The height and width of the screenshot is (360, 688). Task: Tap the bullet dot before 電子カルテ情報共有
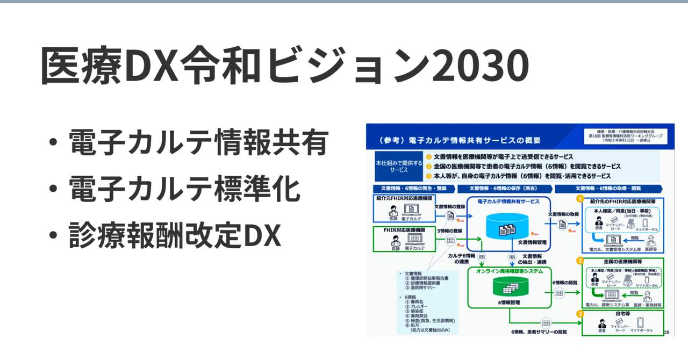(53, 143)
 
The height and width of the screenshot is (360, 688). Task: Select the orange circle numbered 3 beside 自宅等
(580, 314)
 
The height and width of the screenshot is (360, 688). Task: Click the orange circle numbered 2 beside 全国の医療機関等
(580, 261)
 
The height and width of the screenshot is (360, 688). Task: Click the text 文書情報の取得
(563, 214)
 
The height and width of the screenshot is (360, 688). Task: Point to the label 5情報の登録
(449, 231)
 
